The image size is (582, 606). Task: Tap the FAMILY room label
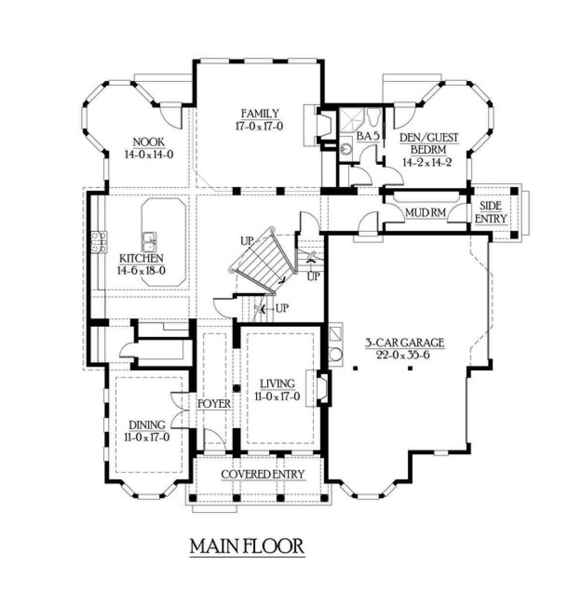pos(260,113)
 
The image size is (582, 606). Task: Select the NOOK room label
pos(149,143)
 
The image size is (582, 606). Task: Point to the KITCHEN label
pos(142,258)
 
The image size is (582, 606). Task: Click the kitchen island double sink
pos(149,242)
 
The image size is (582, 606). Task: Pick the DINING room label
pos(147,425)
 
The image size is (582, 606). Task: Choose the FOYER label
pos(214,404)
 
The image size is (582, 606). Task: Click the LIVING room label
pos(277,383)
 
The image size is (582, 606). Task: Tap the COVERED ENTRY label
pos(263,474)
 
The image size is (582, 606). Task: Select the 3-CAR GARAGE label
pos(404,343)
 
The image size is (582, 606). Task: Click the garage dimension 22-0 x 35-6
pos(403,355)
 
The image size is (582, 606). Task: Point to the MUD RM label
pos(426,212)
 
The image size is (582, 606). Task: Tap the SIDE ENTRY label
pos(491,212)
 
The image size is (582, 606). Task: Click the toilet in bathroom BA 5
pos(374,116)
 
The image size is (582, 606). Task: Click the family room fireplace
pos(324,126)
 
